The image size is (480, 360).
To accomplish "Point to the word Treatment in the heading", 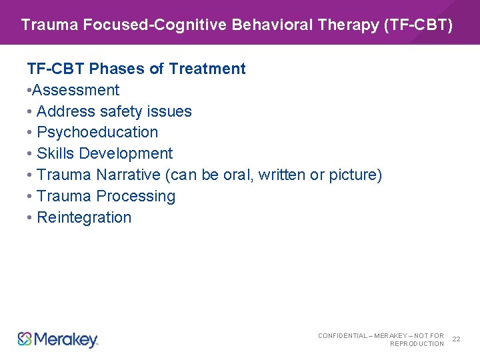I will [207, 69].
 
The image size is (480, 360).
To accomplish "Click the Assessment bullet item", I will [75, 90].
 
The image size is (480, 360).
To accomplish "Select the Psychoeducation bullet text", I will [97, 132].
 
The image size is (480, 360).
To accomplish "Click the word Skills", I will [55, 153].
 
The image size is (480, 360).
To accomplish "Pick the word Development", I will [126, 153].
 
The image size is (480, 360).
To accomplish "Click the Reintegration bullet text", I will [84, 217].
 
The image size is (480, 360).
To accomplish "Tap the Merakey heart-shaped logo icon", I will [25, 339].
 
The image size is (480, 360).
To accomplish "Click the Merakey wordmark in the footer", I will [65, 339].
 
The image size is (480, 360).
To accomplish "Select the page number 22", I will [457, 339].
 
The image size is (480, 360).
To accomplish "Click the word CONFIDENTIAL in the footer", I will [343, 335].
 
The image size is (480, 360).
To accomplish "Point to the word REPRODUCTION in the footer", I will [417, 344].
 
